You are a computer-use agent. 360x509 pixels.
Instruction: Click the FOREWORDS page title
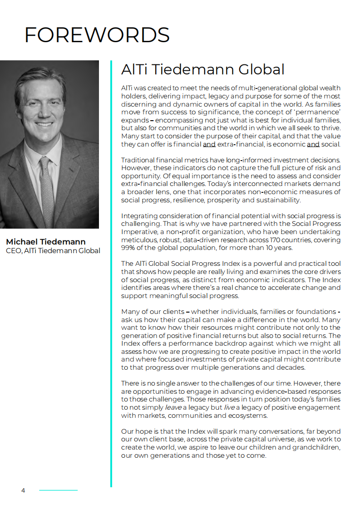[97, 35]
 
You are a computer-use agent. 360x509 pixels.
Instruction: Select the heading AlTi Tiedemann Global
[202, 69]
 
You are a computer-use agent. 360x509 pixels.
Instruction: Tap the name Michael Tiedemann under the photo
[45, 241]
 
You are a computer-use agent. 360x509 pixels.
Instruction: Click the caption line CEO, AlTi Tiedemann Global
[53, 250]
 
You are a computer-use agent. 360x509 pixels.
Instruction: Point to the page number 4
[23, 490]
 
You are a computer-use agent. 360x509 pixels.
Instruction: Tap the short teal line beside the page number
[58, 490]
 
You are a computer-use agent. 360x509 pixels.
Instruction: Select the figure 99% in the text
[128, 248]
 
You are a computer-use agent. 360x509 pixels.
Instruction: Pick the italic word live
[229, 407]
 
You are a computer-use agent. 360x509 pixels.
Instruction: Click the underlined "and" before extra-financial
[209, 145]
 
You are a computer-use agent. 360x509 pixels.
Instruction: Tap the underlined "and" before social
[313, 145]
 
